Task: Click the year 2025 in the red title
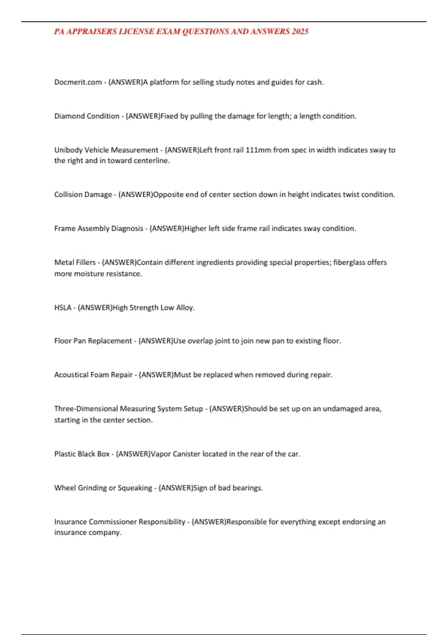(300, 32)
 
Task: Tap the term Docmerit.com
(78, 82)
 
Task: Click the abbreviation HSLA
(63, 308)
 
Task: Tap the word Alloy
(185, 308)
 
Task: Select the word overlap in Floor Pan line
(200, 341)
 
